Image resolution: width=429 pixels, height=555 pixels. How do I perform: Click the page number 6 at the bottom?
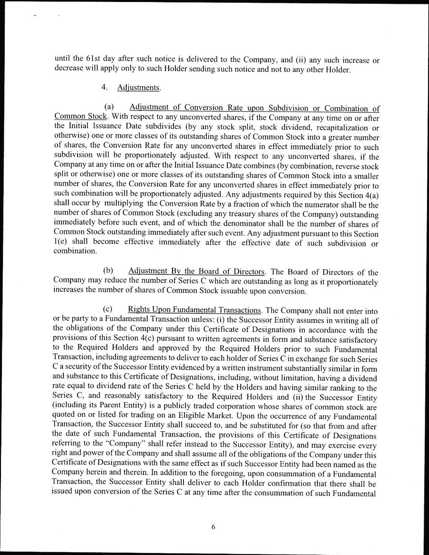(214, 526)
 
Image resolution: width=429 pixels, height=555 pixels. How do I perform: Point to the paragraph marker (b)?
(108, 272)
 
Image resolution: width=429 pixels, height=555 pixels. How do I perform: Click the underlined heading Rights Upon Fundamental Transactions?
(194, 309)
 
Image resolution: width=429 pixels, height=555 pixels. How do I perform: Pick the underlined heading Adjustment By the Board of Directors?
(196, 272)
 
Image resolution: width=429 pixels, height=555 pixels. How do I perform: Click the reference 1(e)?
(61, 243)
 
